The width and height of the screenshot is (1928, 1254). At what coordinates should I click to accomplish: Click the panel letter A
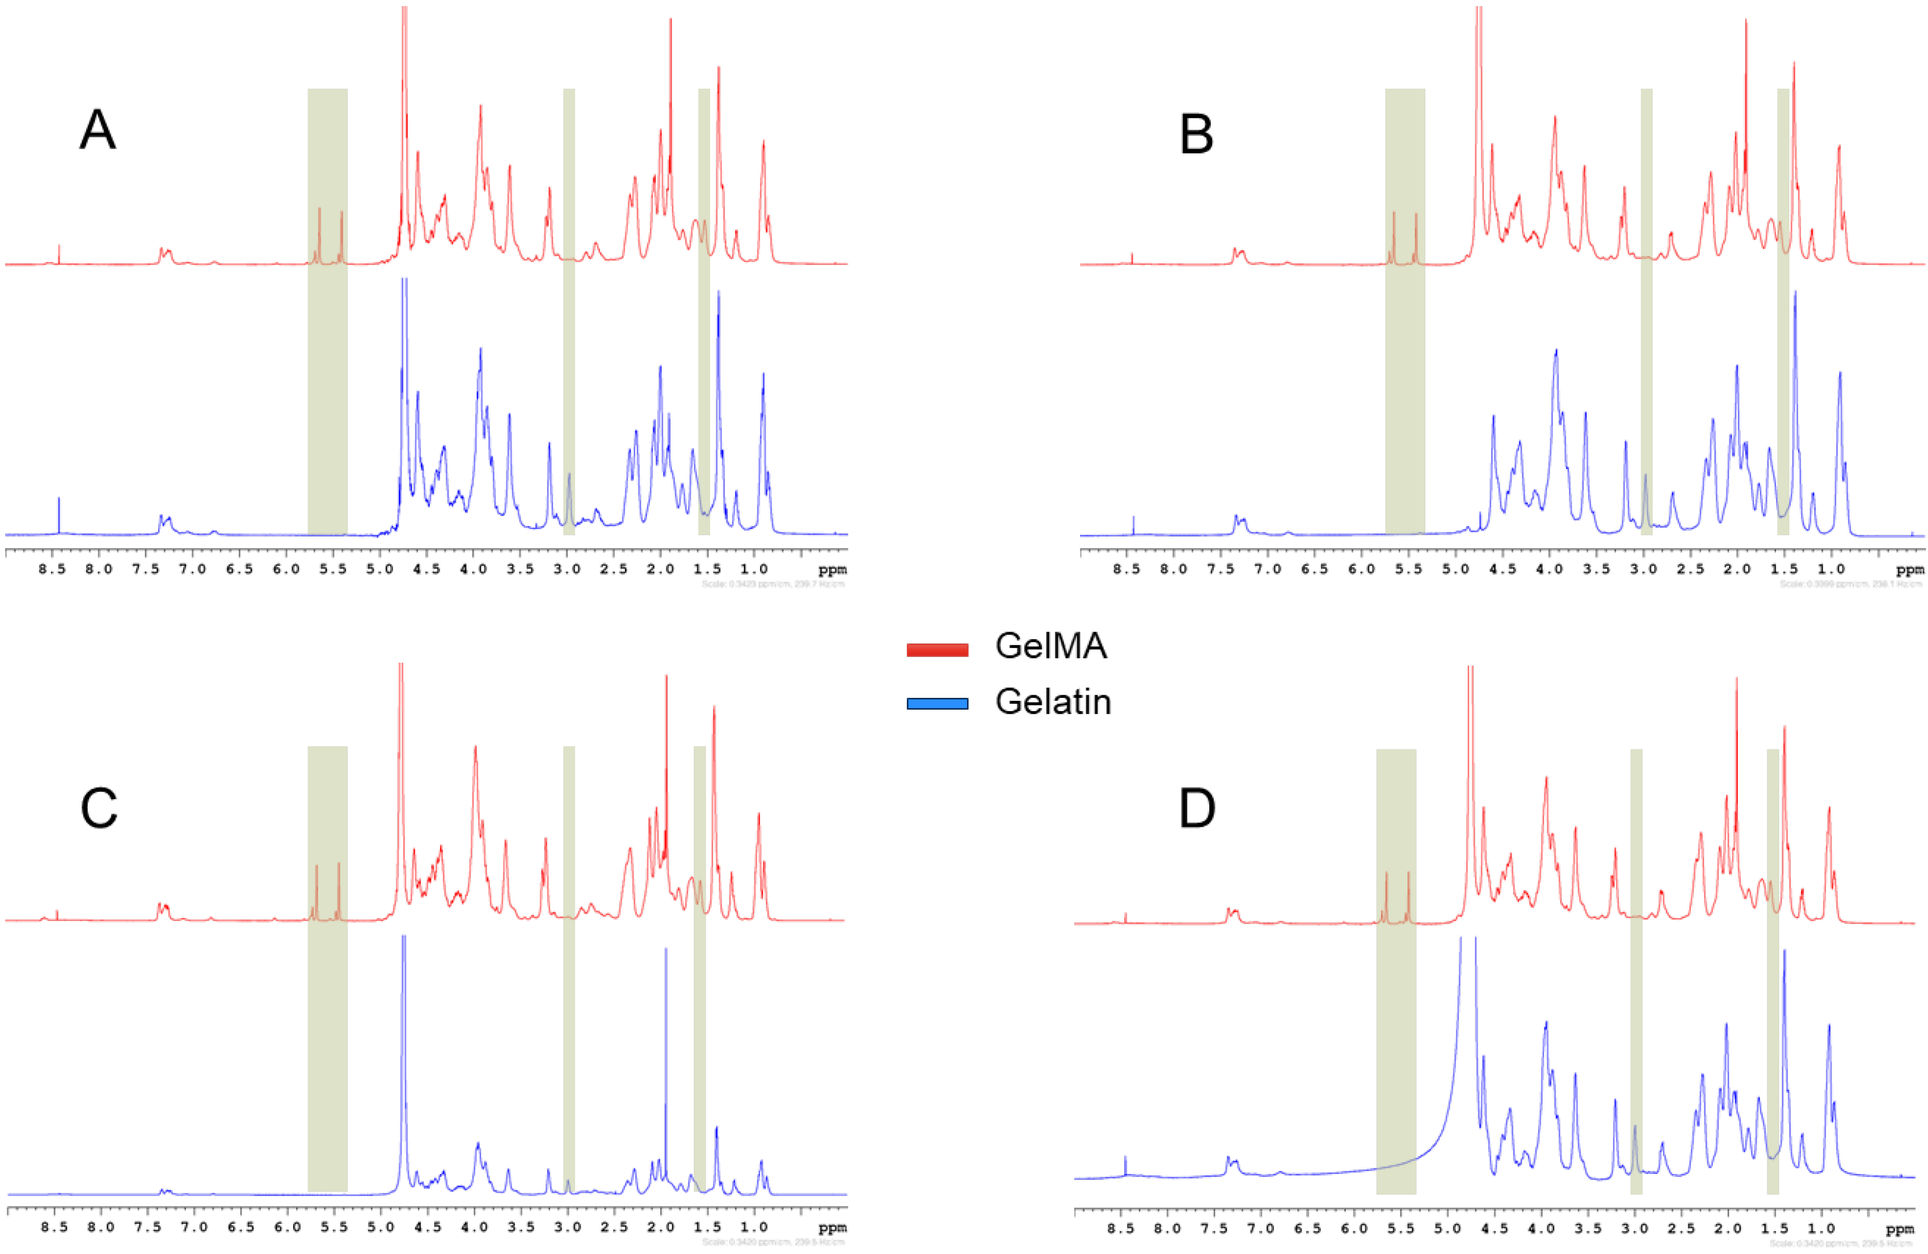click(97, 129)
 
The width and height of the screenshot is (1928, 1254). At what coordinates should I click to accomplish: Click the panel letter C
click(99, 808)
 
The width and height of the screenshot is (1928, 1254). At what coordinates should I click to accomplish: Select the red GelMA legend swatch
click(937, 649)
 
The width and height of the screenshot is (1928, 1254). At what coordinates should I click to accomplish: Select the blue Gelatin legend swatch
click(937, 703)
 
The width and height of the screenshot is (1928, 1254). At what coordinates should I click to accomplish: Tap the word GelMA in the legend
click(1051, 646)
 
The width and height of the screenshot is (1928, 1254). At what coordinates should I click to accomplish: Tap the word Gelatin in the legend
click(1053, 701)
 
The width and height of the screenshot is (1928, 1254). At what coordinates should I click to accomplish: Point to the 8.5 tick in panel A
click(53, 569)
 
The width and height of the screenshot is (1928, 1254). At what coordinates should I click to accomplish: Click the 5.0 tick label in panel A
click(380, 569)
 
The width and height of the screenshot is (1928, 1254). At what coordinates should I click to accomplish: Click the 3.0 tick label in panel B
click(1643, 569)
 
